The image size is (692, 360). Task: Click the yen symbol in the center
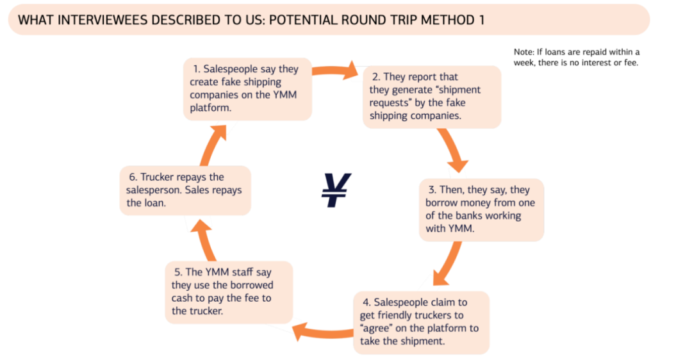[336, 190]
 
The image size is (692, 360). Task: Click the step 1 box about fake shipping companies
[247, 89]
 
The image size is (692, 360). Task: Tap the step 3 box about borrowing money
[481, 209]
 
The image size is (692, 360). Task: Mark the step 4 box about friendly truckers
[420, 322]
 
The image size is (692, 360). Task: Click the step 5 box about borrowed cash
[228, 291]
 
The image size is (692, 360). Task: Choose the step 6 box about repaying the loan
[185, 190]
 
